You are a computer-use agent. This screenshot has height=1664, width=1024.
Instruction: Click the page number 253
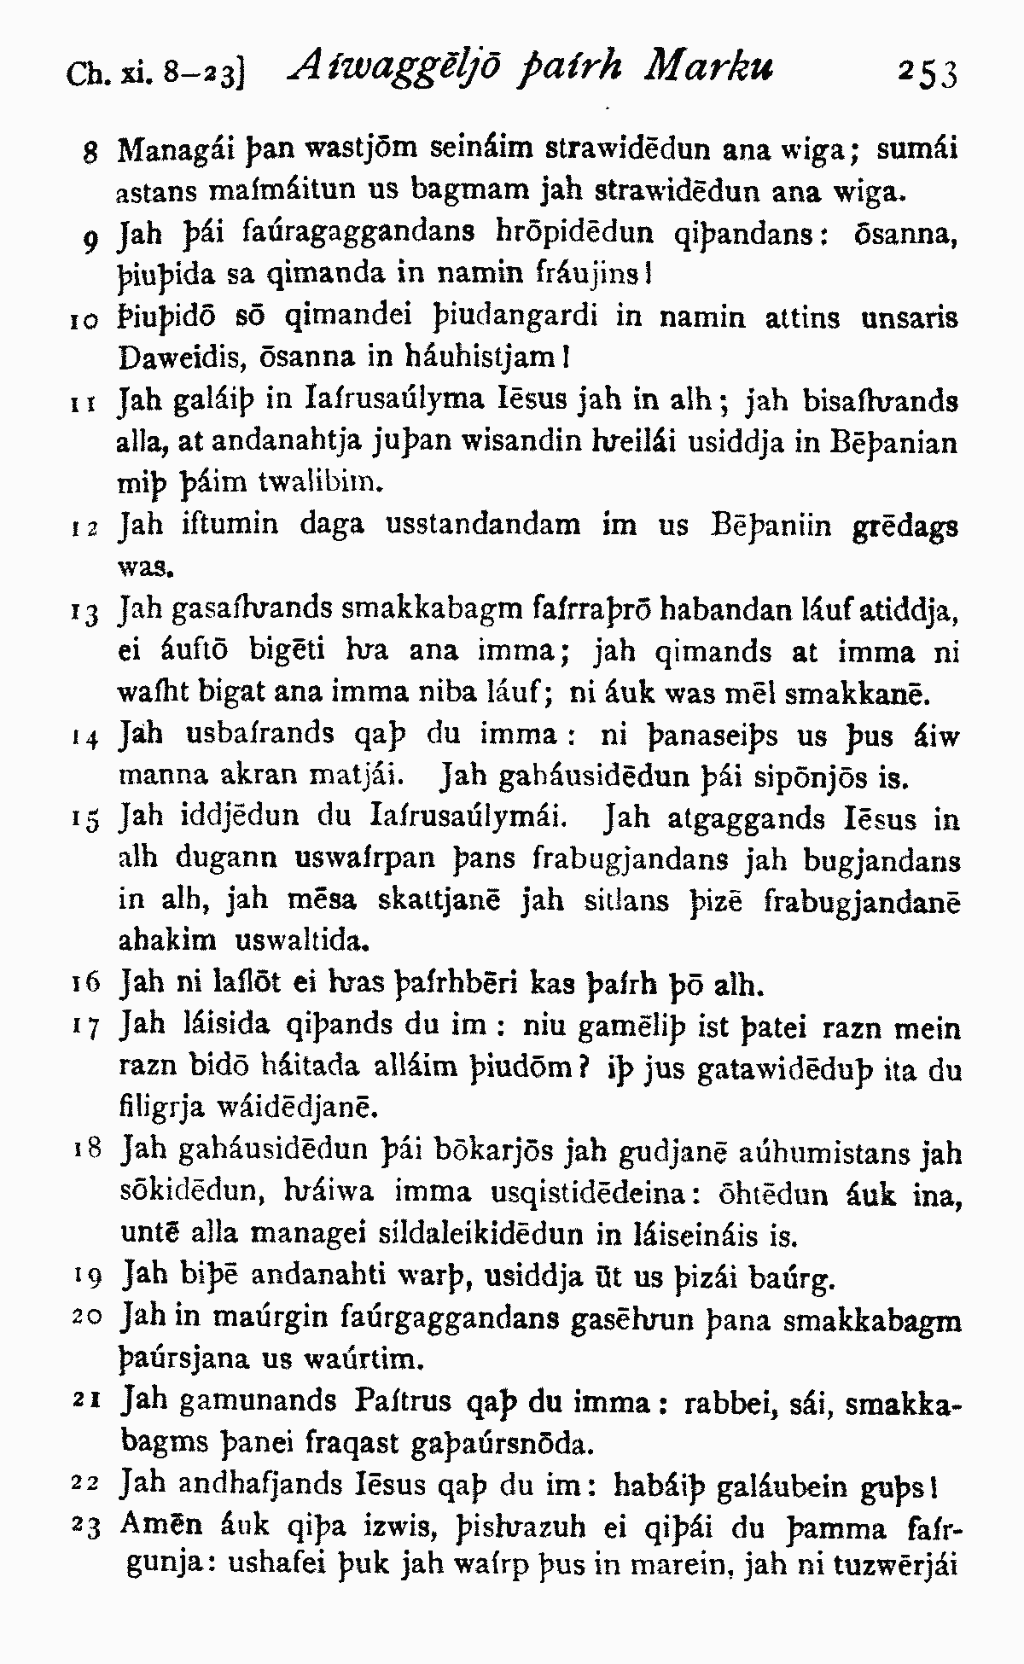[x=928, y=74]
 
